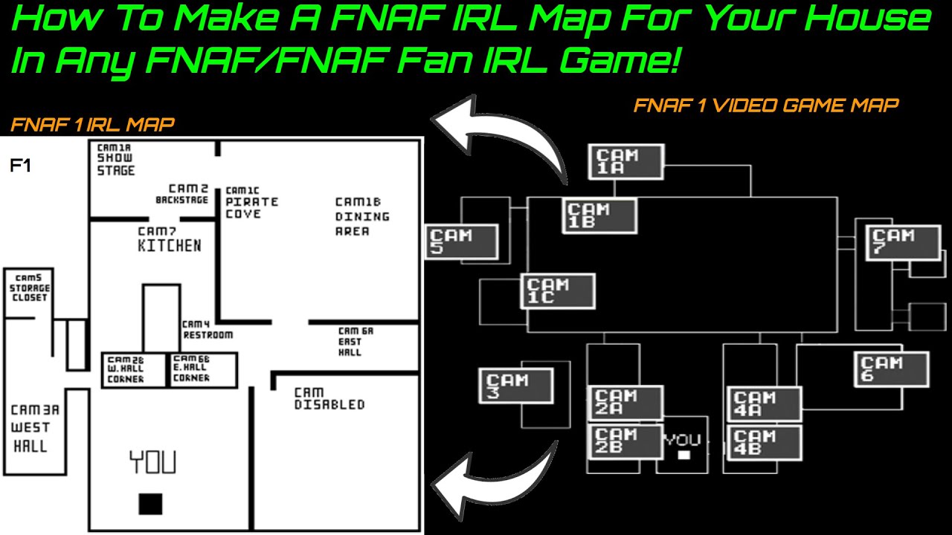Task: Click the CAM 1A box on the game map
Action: coord(626,162)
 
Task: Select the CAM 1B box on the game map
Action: coord(599,216)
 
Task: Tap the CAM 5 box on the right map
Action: coord(461,242)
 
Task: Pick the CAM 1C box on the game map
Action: coord(559,291)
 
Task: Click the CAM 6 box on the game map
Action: coord(891,370)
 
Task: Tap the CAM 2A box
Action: coord(625,403)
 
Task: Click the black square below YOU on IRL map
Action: coord(150,504)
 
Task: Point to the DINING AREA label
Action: coord(361,216)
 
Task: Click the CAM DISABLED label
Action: coord(329,399)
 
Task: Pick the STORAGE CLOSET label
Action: coord(29,288)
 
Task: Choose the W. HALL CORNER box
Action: coord(134,369)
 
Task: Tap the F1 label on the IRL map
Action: coord(20,166)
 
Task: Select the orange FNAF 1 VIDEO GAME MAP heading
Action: coord(765,106)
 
